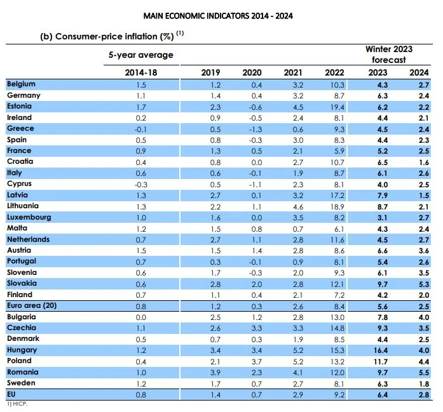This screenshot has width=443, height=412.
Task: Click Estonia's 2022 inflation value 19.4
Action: (337, 107)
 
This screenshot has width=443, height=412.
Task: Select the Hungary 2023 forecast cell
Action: (380, 350)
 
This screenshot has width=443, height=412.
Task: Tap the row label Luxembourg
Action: (29, 217)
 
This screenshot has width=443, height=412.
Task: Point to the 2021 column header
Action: (293, 72)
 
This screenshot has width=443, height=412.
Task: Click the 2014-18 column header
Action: (141, 72)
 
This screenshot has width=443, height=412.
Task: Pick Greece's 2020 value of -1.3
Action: (256, 130)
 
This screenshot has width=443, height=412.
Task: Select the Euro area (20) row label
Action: (32, 305)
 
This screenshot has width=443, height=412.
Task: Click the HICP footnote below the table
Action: (17, 404)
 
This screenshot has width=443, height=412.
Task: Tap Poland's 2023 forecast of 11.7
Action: (381, 362)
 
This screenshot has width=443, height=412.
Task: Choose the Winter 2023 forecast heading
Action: (389, 55)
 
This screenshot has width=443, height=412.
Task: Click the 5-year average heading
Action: (141, 55)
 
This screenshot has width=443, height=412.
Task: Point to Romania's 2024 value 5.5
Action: (424, 373)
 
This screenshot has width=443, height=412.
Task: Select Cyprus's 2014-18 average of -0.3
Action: (141, 185)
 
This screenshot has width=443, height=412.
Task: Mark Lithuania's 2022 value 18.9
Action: (337, 207)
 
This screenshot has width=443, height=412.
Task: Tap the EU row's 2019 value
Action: (215, 395)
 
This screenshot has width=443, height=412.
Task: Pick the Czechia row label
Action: (22, 328)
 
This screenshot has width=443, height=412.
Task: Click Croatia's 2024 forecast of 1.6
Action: (424, 163)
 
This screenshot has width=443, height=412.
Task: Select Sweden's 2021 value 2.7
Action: (298, 384)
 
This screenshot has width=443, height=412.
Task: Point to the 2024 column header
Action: (419, 72)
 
